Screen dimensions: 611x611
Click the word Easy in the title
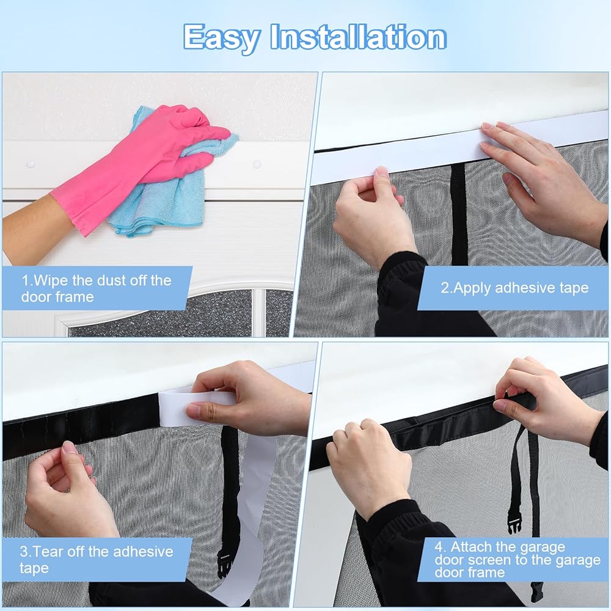(x=222, y=38)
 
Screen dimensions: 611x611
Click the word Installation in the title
(x=358, y=37)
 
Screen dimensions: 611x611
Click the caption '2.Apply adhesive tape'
(x=514, y=288)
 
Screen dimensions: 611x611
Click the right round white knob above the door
(x=257, y=164)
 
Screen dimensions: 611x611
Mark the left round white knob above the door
(x=31, y=164)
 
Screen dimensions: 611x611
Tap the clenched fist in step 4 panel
(x=368, y=467)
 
